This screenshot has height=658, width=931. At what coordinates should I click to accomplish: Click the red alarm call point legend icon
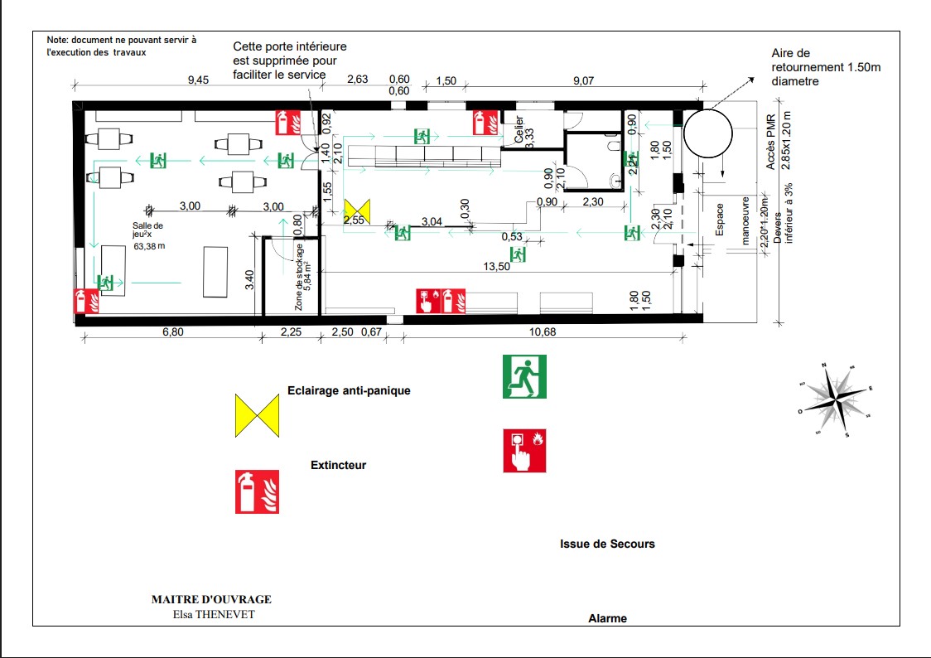tap(524, 451)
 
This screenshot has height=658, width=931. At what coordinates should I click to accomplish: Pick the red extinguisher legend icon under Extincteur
tap(257, 491)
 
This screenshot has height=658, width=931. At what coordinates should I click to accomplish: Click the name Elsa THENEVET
tap(212, 614)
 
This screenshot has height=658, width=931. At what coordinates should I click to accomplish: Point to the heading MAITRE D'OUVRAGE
tap(211, 599)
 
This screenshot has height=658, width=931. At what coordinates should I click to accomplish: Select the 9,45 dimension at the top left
tap(199, 80)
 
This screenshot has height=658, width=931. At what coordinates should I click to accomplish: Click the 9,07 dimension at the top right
tap(584, 80)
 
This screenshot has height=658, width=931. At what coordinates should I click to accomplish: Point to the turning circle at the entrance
tap(707, 133)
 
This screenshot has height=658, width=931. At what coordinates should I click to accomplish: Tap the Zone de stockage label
tap(301, 278)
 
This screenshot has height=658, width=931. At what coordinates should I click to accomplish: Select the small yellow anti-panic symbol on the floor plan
tap(358, 209)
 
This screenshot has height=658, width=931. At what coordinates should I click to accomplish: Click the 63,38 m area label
tap(151, 246)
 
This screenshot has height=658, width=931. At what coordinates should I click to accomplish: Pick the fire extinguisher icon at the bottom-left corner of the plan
tap(87, 300)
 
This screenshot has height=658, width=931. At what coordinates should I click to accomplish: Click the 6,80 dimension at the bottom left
tap(172, 331)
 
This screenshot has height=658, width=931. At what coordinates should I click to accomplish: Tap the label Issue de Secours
tap(607, 544)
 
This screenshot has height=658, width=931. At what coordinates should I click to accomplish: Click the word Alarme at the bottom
tap(607, 618)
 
